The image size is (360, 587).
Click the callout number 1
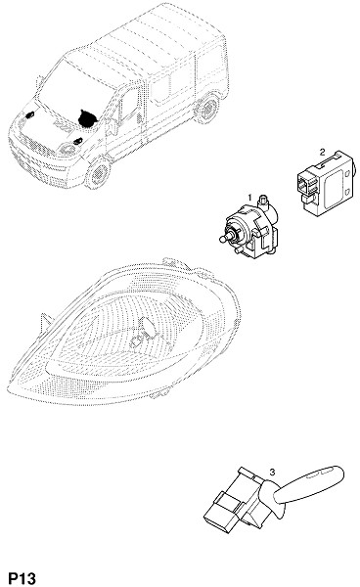pos(249,197)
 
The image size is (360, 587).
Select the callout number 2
pos(322,152)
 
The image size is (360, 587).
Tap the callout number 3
pos(272,472)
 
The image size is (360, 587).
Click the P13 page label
pos(22,578)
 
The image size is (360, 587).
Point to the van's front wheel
pos(98,173)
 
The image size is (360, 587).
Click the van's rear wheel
pos(207,109)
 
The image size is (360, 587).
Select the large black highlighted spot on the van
pos(87,118)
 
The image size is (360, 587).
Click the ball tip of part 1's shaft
pos(221,239)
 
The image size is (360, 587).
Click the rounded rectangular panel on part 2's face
pos(335,188)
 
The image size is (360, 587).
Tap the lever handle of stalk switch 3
pos(308,484)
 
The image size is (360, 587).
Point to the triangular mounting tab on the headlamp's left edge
pos(46,321)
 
